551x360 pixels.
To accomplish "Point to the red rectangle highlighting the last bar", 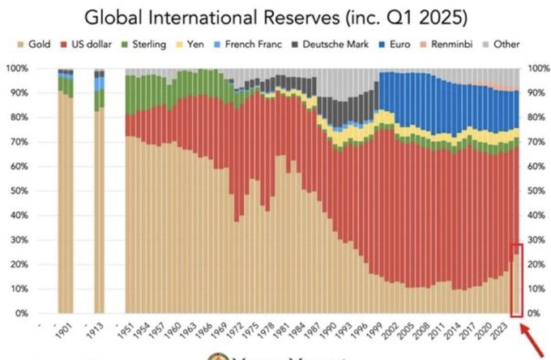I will coord(517,279).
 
